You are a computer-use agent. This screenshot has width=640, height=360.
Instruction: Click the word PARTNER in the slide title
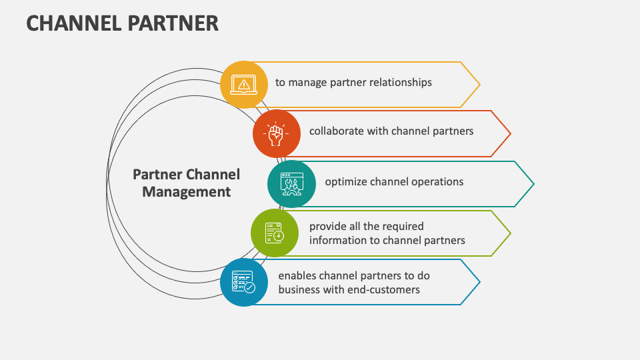[x=176, y=23]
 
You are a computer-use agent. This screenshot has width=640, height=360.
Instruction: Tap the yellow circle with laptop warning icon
[x=243, y=84]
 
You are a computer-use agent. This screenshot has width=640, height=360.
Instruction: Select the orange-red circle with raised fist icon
[x=276, y=133]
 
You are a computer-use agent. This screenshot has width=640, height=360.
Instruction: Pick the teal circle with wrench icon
[x=291, y=183]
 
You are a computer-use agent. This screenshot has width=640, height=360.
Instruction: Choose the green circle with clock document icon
[x=274, y=233]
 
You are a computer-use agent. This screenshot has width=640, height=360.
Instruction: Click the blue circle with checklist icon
[x=243, y=282]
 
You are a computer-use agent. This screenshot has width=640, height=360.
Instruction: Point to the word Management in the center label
[x=187, y=192]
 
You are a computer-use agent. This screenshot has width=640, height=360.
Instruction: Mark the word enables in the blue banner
[x=297, y=276]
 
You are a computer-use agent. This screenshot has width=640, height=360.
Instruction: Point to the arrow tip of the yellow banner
[x=479, y=85]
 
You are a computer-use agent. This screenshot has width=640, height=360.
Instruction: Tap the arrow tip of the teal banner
[x=533, y=183]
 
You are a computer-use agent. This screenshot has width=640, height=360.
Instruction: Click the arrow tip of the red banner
[x=510, y=134]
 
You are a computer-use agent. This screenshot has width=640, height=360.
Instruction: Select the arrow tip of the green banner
[x=510, y=233]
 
